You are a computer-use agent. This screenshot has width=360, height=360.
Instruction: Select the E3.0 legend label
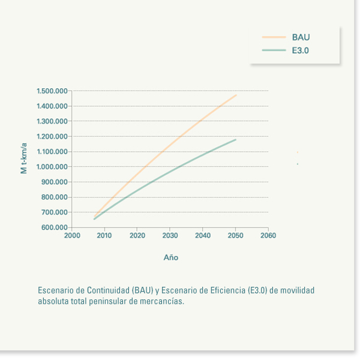(x=301, y=51)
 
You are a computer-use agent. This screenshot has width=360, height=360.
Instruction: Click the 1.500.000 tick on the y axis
(x=52, y=91)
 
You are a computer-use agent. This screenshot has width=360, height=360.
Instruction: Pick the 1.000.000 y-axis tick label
(x=52, y=167)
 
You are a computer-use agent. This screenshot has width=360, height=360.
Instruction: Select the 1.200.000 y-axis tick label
(x=52, y=137)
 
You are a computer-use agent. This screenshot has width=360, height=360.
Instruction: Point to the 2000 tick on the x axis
(x=72, y=236)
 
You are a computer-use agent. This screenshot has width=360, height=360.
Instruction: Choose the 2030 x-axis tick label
(x=170, y=236)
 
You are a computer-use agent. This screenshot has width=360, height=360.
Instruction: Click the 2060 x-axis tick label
(x=268, y=236)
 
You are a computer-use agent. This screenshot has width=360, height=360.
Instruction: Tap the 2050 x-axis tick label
(x=235, y=236)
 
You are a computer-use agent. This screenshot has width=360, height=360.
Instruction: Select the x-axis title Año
(x=171, y=257)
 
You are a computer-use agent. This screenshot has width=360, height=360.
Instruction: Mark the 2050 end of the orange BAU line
(x=236, y=95)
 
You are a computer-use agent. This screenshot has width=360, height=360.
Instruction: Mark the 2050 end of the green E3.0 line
(x=236, y=140)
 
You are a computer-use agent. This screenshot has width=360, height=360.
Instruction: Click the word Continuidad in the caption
(x=105, y=290)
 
